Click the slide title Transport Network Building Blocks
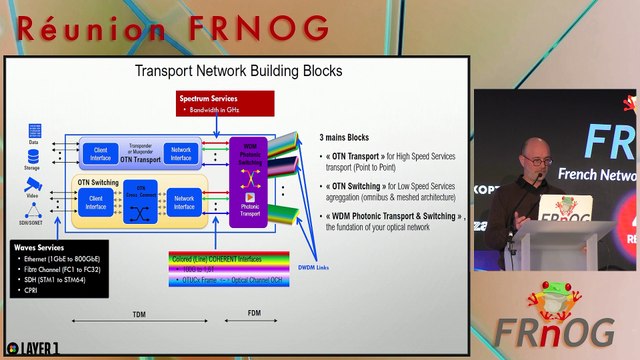(238, 71)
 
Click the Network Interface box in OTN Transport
(181, 154)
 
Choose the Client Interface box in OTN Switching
(96, 203)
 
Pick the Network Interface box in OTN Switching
(184, 203)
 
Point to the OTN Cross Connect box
(141, 203)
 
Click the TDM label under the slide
(139, 314)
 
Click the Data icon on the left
(35, 132)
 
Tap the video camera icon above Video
(34, 185)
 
